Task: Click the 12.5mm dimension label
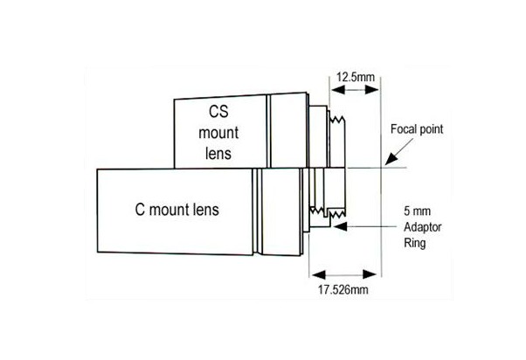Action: coord(355,76)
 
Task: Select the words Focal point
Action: coord(417,129)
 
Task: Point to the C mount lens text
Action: coord(176,210)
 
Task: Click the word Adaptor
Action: coord(424,227)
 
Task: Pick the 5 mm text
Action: coord(416,211)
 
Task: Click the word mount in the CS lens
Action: coord(217,133)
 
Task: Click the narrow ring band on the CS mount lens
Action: coord(269,131)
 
